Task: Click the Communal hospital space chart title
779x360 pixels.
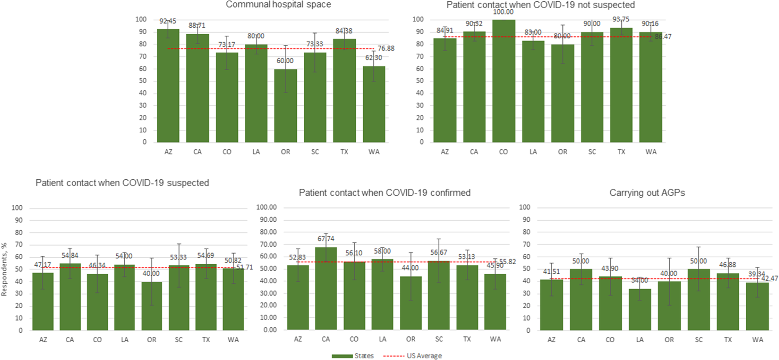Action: [x=278, y=4]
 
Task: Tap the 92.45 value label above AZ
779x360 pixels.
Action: [x=168, y=21]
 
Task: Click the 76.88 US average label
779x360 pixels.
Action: [x=386, y=49]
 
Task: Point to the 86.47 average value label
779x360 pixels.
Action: [x=663, y=37]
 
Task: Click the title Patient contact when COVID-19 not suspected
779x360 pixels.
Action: [x=541, y=5]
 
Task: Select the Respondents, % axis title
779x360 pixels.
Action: [x=4, y=269]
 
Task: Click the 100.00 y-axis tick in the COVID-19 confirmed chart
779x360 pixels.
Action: [x=266, y=207]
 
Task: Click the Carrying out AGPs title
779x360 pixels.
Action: [x=647, y=193]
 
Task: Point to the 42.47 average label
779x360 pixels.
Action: [x=769, y=279]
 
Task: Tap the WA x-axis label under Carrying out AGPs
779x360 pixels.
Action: [x=757, y=340]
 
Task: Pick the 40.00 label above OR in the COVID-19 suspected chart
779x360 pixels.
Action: [x=151, y=273]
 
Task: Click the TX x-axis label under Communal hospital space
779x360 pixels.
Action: [x=344, y=152]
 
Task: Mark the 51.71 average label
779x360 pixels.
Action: [x=245, y=267]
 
